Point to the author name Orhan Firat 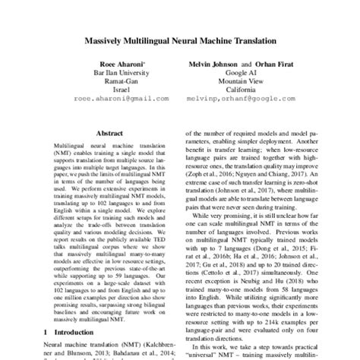click(x=268, y=65)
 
